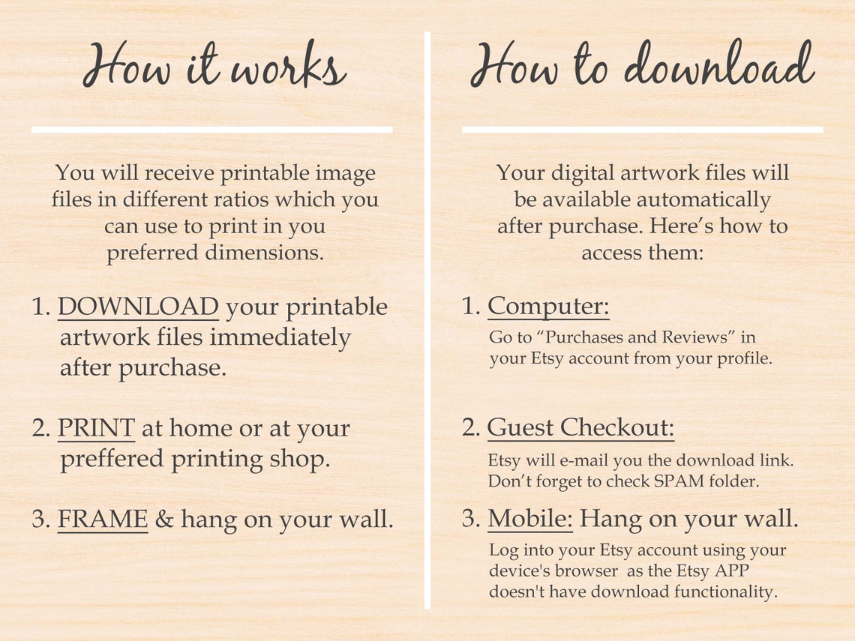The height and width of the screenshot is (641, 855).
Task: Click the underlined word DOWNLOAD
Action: pyautogui.click(x=138, y=307)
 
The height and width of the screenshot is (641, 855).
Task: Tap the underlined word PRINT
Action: pyautogui.click(x=96, y=428)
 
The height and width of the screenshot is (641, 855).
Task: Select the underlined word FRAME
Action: pyautogui.click(x=103, y=518)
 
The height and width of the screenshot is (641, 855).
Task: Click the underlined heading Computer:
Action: pyautogui.click(x=548, y=307)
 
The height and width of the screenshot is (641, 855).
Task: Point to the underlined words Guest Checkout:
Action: pyautogui.click(x=580, y=427)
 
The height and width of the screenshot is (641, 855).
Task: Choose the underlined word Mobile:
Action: pyautogui.click(x=530, y=518)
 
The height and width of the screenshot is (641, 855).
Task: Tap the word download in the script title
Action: pyautogui.click(x=719, y=64)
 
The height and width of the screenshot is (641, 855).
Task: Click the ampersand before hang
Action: pyautogui.click(x=164, y=519)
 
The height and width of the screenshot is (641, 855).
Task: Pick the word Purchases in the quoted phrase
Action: pyautogui.click(x=584, y=337)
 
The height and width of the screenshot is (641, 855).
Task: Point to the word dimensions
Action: pyautogui.click(x=265, y=253)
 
